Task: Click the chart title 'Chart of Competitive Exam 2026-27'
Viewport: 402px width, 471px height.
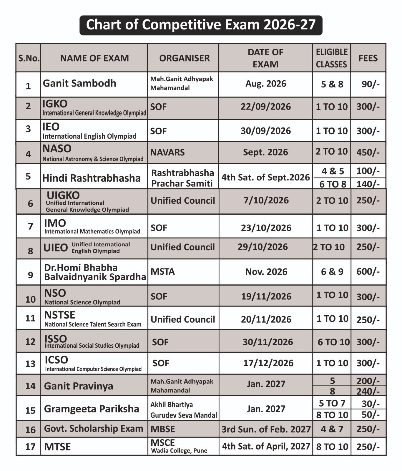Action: pos(201,25)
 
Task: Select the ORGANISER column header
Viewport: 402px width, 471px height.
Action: pos(185,58)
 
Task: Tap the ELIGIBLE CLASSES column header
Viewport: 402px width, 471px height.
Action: pos(332,58)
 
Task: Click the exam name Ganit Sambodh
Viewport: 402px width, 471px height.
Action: pos(79,83)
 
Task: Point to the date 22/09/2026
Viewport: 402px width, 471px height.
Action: pos(266,107)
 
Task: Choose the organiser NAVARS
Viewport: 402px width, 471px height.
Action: pos(167,152)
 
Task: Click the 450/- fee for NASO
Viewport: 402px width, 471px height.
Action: pos(368,152)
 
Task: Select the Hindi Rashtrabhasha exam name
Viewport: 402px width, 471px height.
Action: pos(91,178)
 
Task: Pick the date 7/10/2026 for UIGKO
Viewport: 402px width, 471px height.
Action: pos(266,200)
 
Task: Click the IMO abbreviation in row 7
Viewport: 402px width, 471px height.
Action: pos(55,223)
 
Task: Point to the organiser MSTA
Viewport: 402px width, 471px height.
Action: pos(163,271)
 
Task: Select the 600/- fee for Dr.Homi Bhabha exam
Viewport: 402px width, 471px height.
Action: pos(368,271)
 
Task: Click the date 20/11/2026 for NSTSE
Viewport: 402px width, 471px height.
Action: pos(266,319)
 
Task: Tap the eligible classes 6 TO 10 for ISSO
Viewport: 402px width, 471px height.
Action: pos(333,342)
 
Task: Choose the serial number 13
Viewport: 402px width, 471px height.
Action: pos(30,364)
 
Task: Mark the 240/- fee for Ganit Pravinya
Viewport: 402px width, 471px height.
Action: pos(368,391)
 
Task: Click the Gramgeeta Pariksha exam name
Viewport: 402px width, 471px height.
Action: pos(92,409)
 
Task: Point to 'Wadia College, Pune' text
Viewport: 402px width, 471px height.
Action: pos(179,451)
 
